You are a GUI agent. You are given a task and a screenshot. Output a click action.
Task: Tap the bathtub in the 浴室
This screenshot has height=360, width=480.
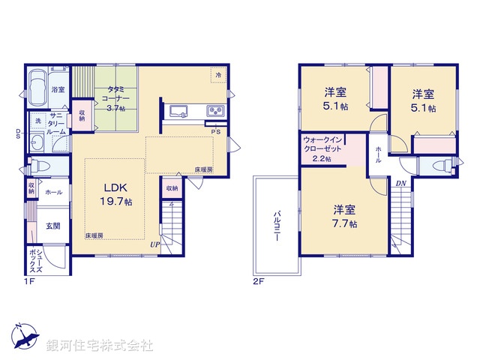(38, 89)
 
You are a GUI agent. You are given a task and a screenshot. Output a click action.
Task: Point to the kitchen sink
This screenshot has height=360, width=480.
(179, 112)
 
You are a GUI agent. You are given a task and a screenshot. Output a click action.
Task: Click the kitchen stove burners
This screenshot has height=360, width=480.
(214, 112)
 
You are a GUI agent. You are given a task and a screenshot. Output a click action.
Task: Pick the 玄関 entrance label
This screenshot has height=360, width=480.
(52, 226)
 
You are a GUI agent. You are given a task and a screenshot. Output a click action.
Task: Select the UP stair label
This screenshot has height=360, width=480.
(154, 244)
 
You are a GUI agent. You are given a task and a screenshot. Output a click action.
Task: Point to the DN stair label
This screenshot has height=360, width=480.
(401, 183)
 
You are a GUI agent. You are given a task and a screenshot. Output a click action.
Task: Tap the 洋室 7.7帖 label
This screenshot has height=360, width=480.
(343, 216)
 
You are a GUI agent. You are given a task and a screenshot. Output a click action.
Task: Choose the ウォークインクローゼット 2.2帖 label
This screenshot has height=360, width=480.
(324, 148)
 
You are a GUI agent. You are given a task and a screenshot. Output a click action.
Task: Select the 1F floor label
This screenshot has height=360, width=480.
(29, 283)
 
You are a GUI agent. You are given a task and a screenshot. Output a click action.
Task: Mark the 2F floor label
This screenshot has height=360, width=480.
(259, 283)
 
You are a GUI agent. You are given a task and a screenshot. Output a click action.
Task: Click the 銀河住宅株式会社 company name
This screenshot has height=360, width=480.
(100, 345)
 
